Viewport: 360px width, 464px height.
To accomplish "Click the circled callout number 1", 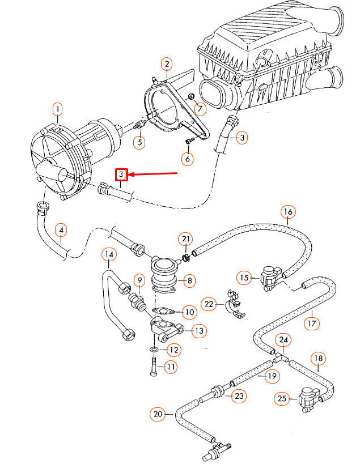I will (x=57, y=109).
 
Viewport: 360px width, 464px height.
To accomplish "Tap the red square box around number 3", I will (x=121, y=175).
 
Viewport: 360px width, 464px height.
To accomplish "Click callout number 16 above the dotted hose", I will (x=288, y=213).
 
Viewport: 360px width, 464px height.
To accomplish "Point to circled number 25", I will (x=282, y=399).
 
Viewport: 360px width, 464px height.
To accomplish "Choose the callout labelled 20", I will (x=158, y=414).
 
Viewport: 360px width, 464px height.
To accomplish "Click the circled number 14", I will (x=109, y=255).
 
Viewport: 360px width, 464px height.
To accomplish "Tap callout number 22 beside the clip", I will (x=210, y=304).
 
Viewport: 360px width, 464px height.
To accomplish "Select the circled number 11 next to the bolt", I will (x=171, y=367).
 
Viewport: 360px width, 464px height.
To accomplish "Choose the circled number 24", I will (x=283, y=340).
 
